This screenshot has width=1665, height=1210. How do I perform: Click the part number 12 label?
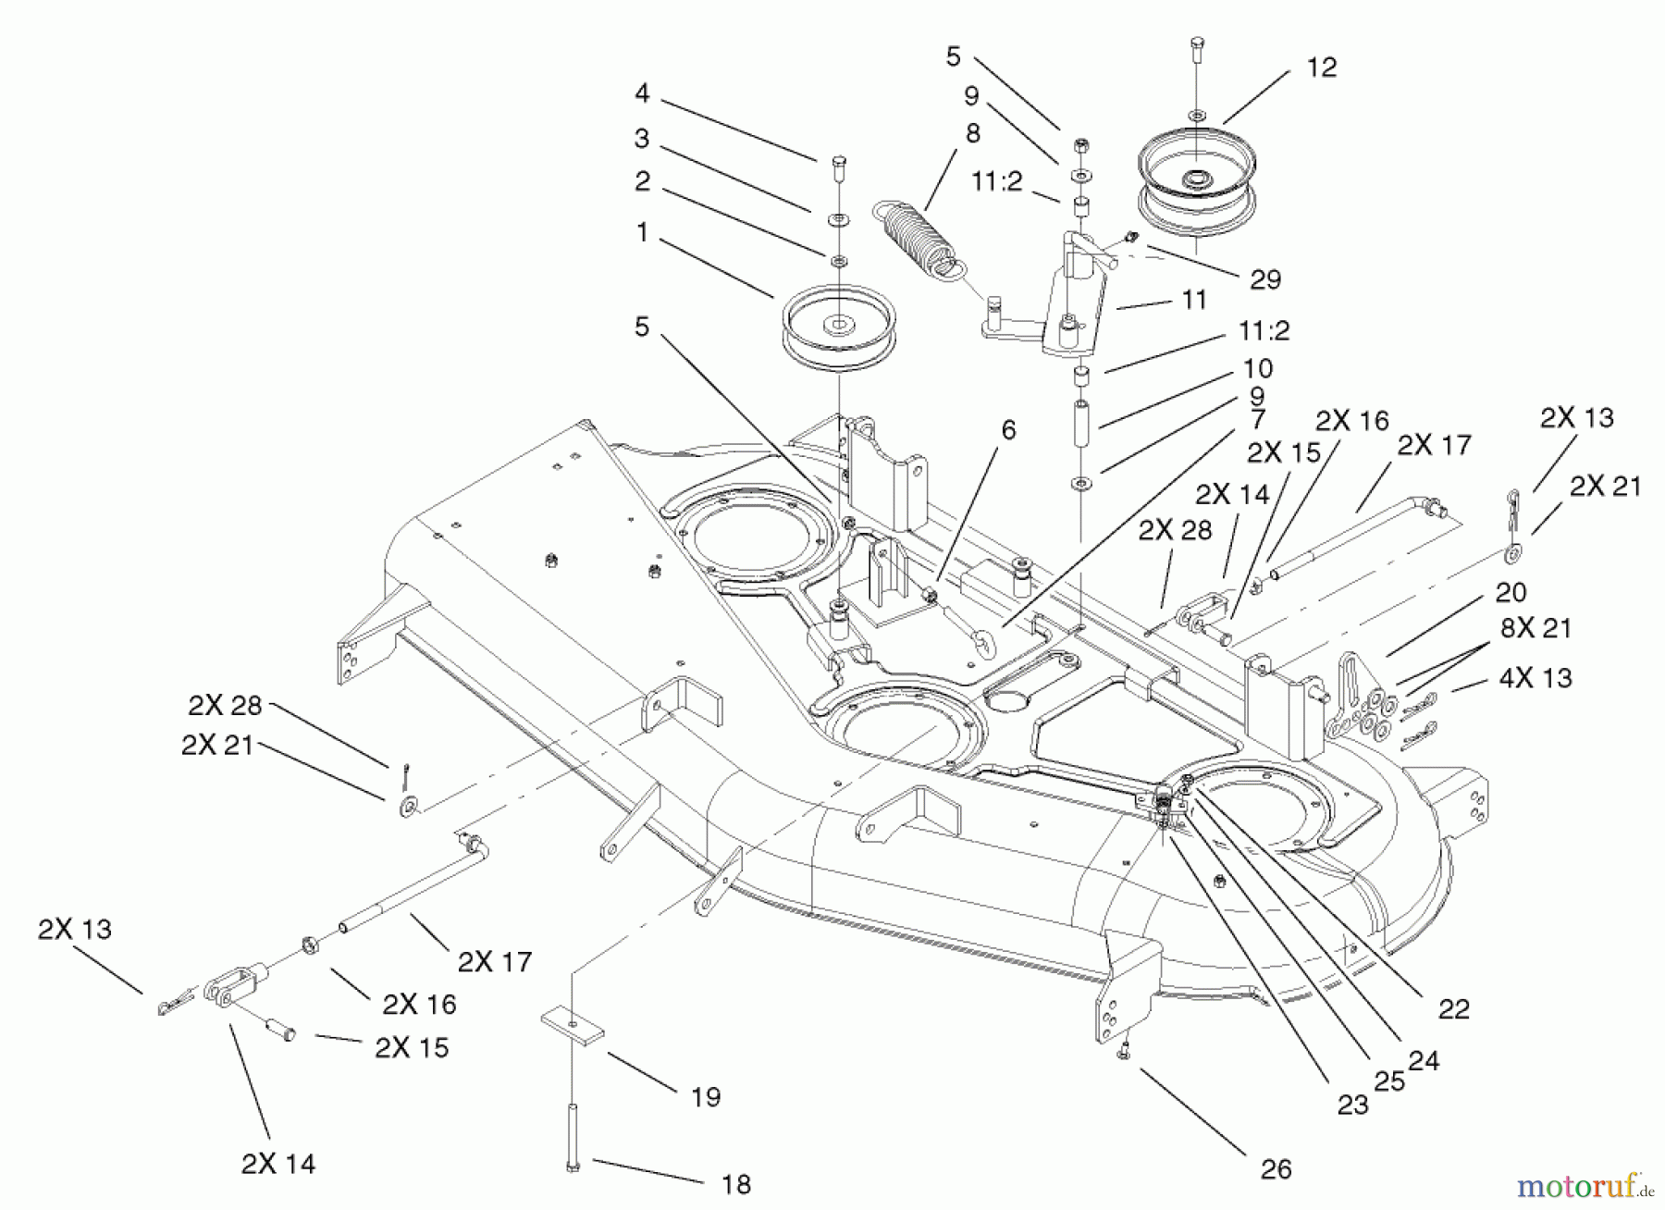click(x=1322, y=68)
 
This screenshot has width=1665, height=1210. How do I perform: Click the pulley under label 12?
click(x=1195, y=183)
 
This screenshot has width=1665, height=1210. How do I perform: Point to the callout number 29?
click(x=1264, y=279)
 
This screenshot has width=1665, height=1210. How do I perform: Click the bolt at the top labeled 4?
click(x=838, y=169)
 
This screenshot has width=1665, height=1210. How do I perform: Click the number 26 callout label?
click(x=1276, y=1169)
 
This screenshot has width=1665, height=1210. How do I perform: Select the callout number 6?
click(x=1008, y=430)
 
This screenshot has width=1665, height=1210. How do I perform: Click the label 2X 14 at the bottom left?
click(x=277, y=1164)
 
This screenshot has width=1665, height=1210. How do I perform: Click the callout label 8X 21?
click(x=1535, y=629)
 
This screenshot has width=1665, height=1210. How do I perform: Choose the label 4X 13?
click(x=1535, y=678)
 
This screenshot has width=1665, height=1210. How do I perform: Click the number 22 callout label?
click(x=1453, y=1009)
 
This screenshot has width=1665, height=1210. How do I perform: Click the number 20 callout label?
click(x=1511, y=592)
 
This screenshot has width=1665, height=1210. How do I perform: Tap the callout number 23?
click(x=1352, y=1105)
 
